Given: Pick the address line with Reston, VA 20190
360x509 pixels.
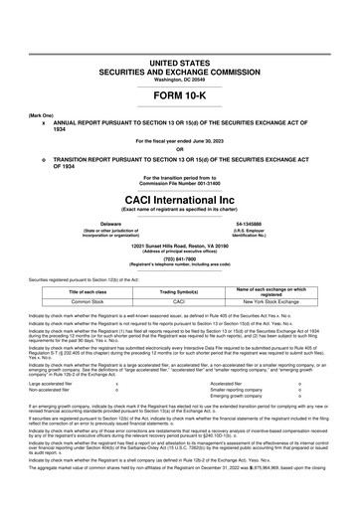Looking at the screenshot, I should (179, 245).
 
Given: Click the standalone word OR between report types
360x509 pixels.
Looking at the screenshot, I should (179, 149).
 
